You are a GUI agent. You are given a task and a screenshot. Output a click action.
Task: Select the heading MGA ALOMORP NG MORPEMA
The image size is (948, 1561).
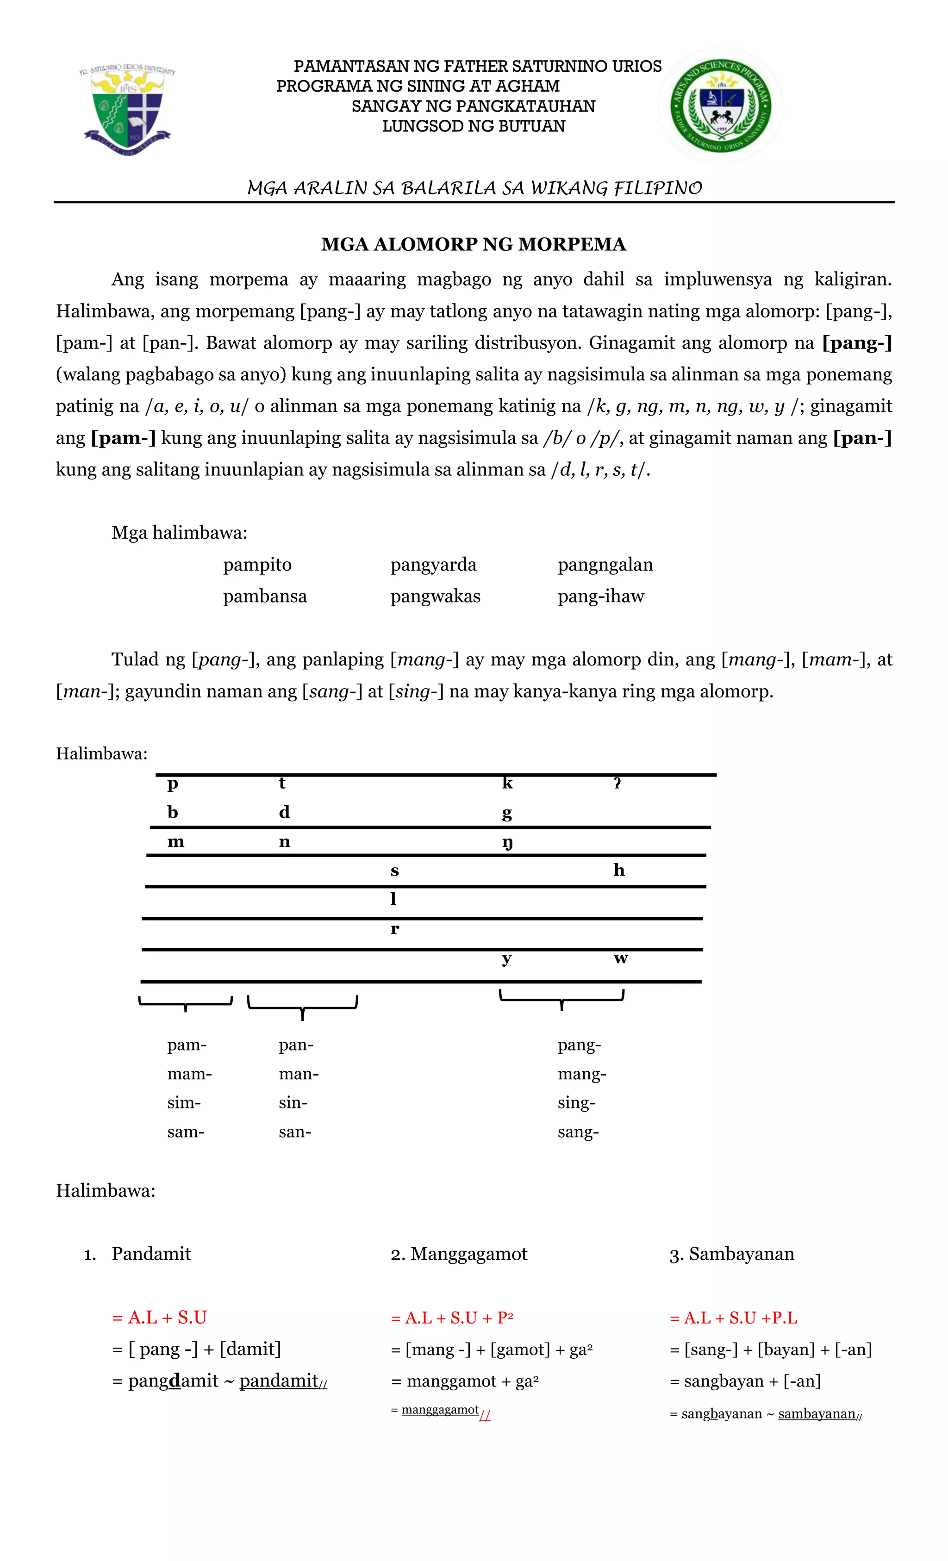click(x=474, y=244)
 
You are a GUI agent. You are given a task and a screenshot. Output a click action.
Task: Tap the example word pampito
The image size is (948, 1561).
click(x=257, y=565)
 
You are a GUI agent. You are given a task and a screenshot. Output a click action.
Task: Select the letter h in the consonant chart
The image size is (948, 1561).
click(x=619, y=871)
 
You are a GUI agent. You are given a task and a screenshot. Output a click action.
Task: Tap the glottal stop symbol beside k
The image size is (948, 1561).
click(x=617, y=784)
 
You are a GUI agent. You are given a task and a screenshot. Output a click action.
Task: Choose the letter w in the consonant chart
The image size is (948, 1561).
click(x=620, y=958)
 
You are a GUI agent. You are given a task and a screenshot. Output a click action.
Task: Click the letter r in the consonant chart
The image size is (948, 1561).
click(x=395, y=929)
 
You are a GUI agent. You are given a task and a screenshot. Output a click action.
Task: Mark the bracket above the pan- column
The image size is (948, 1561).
click(x=302, y=1004)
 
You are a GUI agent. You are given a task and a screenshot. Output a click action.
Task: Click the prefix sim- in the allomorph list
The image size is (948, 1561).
click(x=184, y=1103)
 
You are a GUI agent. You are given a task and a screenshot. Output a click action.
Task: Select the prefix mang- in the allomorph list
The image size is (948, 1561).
click(x=582, y=1074)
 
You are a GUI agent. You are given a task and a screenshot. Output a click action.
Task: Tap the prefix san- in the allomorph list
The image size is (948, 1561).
click(x=295, y=1132)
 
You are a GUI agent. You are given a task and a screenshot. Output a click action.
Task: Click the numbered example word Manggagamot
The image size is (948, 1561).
click(x=468, y=1254)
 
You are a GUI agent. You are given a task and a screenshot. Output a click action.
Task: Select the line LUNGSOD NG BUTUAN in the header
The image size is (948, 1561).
click(x=474, y=126)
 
